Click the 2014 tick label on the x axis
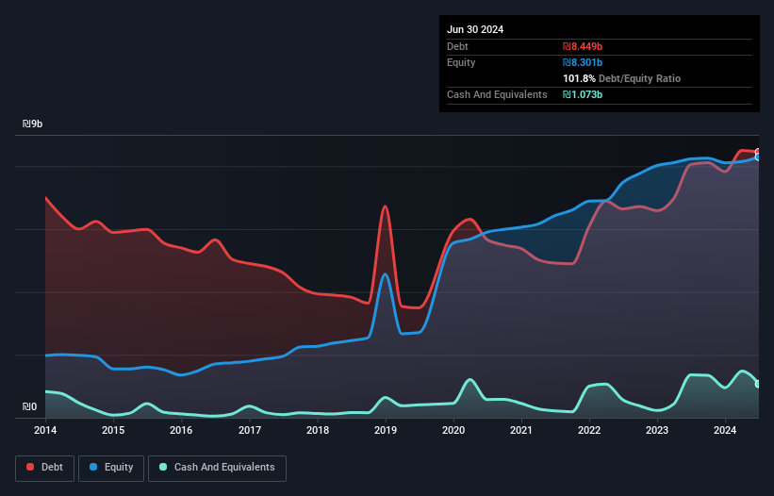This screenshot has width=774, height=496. (45, 431)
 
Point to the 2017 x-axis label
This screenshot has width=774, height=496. (250, 431)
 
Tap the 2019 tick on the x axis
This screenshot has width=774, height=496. (386, 431)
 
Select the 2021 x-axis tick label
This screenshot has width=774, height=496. (521, 431)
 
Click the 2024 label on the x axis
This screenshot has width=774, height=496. (725, 431)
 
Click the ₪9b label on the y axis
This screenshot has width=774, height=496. (32, 124)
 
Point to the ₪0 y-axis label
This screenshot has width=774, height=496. (29, 407)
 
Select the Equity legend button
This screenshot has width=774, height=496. (112, 468)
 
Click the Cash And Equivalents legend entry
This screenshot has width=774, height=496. (217, 468)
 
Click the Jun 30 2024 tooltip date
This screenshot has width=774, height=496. (475, 29)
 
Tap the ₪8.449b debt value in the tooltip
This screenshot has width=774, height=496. (583, 46)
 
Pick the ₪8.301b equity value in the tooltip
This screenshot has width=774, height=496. (583, 62)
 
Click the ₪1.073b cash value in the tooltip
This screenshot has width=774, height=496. (583, 94)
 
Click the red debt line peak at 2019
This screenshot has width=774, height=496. (385, 206)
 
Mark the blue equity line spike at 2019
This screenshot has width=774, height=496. (385, 274)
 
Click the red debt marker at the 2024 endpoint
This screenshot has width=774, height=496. (758, 152)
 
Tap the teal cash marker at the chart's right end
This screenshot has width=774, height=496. (758, 384)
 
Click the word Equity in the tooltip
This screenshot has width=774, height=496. (461, 62)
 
